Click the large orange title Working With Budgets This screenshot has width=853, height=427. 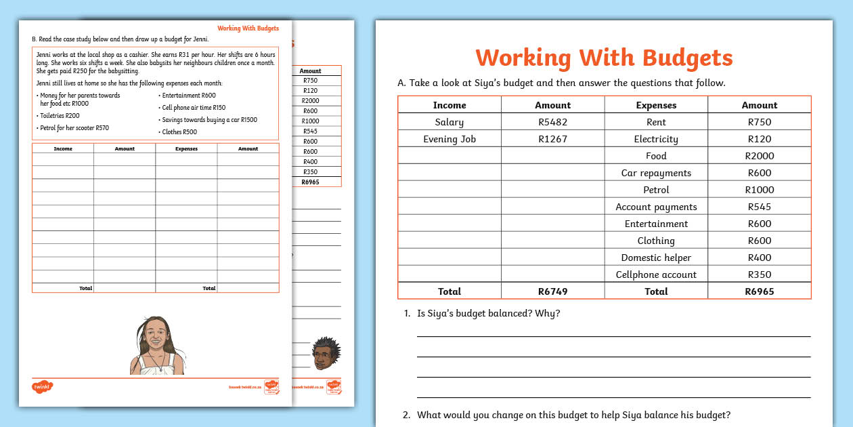tap(604, 58)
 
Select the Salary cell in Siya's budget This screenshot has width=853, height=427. tap(450, 123)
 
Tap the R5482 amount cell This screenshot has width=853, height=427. tap(552, 123)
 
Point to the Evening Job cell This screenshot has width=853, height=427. tap(450, 140)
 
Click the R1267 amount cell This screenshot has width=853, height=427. tap(552, 140)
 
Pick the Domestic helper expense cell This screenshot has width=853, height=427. tap(656, 258)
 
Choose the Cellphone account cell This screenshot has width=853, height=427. tap(656, 275)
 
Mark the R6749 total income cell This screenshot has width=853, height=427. tap(552, 292)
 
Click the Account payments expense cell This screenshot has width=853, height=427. tap(656, 207)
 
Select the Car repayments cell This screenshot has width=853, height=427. tap(656, 174)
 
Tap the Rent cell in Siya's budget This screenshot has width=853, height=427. tap(656, 123)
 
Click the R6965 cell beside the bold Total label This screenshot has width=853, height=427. tap(759, 292)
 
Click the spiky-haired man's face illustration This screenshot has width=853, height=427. tap(326, 353)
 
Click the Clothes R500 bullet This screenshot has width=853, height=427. tap(179, 132)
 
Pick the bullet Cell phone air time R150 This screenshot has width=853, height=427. tap(193, 108)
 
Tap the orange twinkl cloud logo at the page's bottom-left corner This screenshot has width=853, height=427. tap(42, 388)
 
